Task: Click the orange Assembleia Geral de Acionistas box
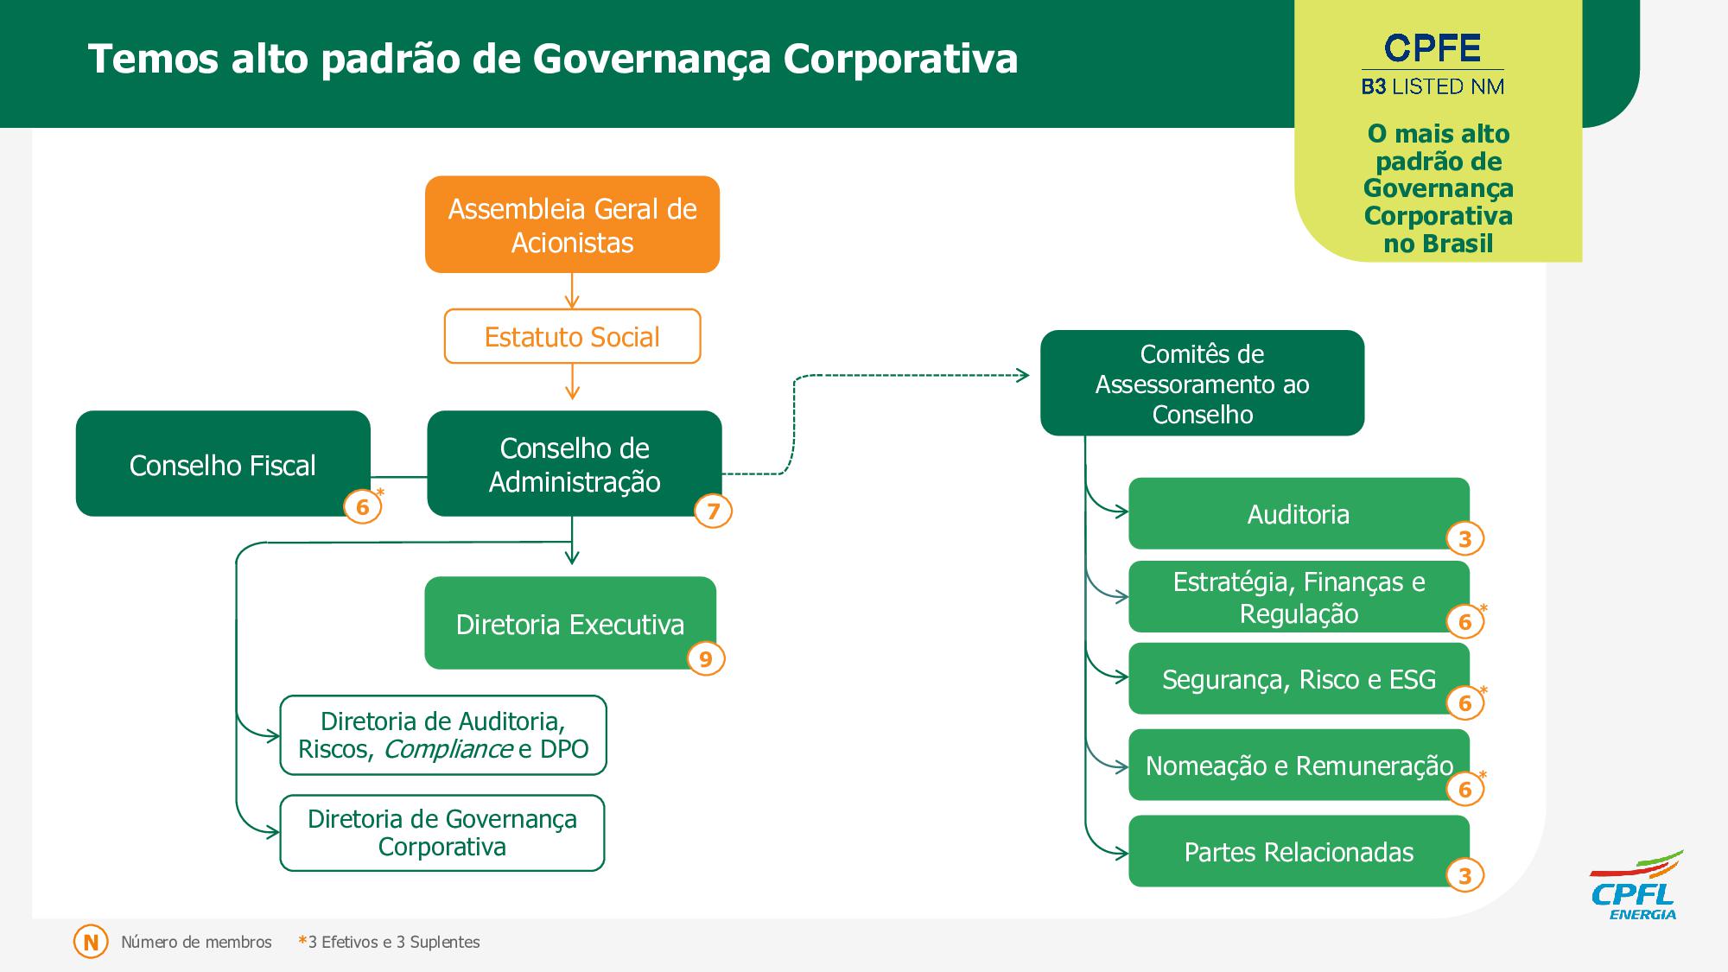pos(572,225)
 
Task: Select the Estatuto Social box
pos(572,336)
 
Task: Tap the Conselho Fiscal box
pos(222,464)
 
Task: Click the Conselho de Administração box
pos(574,464)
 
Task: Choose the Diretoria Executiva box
pos(570,623)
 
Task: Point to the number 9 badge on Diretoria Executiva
pos(706,659)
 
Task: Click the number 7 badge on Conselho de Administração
pos(714,511)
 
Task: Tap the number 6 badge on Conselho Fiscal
pos(362,507)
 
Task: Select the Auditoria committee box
pos(1298,513)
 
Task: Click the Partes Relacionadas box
pos(1298,852)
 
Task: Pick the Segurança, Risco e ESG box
pos(1298,679)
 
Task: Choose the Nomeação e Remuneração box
pos(1298,766)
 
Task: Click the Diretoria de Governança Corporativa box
pos(442,833)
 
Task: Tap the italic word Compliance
pos(448,749)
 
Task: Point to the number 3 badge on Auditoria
pos(1464,539)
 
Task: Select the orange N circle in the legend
pos(91,942)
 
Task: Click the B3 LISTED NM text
pos(1433,86)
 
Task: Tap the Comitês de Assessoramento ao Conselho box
pos(1202,383)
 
